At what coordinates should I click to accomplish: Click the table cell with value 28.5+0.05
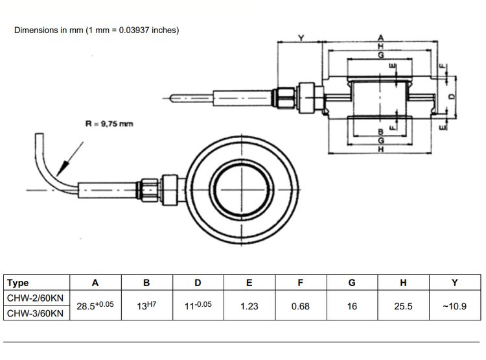pyautogui.click(x=95, y=306)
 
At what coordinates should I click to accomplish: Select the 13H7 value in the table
pyautogui.click(x=146, y=306)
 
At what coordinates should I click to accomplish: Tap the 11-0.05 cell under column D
pyautogui.click(x=198, y=306)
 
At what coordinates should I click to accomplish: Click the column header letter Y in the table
pyautogui.click(x=455, y=283)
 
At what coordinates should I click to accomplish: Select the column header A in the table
pyautogui.click(x=95, y=283)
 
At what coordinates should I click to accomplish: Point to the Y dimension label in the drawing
pyautogui.click(x=301, y=38)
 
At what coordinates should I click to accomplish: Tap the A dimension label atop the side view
pyautogui.click(x=380, y=38)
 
